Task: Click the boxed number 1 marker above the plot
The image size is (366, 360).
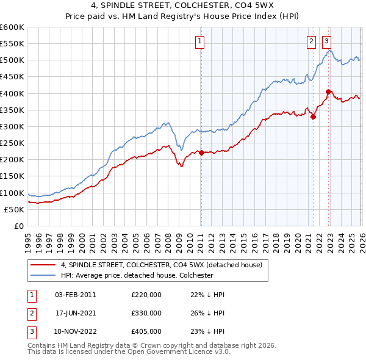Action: tap(200, 41)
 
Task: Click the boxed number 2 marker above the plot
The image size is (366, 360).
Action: tap(311, 41)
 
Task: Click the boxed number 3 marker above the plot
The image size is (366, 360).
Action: tap(327, 41)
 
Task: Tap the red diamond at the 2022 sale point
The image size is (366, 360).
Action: tap(328, 92)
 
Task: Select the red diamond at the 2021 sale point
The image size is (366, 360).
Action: tap(313, 117)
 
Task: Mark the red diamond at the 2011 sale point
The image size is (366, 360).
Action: tap(201, 153)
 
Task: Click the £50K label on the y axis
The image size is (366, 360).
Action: tap(14, 209)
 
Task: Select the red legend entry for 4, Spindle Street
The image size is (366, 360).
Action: tap(161, 265)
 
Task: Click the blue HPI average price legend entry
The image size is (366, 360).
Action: tap(137, 275)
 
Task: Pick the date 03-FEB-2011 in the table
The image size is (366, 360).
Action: tap(75, 295)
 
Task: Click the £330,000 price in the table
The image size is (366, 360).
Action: tap(146, 313)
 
